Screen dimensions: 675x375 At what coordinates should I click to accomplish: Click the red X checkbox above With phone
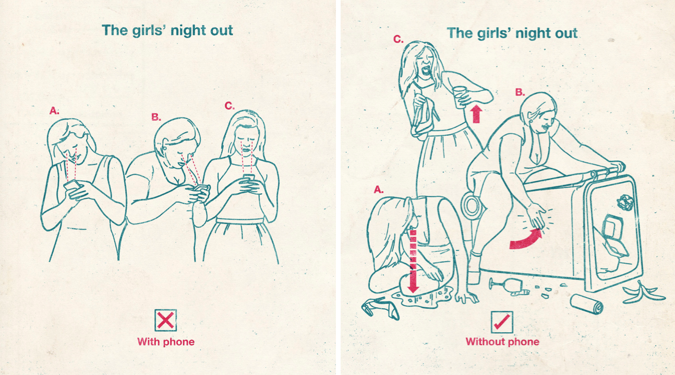165,320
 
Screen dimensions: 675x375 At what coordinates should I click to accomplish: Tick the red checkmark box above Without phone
502,322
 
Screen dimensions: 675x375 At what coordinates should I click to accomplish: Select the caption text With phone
166,342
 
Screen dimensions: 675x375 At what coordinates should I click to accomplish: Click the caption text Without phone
502,342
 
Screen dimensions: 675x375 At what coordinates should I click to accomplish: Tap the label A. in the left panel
54,111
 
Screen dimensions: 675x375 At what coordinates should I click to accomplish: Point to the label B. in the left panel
156,117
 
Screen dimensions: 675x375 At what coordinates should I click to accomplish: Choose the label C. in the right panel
399,39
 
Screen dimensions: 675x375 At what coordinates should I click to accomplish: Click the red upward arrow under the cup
476,114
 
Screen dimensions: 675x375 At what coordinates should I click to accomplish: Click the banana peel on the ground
643,292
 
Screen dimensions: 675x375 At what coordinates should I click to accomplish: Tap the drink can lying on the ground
587,304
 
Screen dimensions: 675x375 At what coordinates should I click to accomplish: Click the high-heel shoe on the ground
380,308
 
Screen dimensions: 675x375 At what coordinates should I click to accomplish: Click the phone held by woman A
72,185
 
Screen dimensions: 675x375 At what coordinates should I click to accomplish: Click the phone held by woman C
249,178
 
